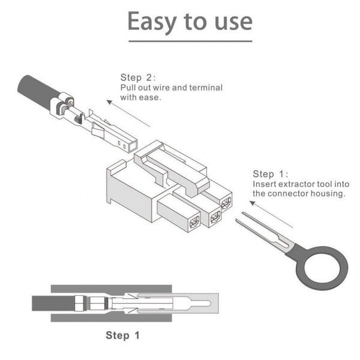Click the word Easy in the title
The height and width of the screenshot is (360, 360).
tap(152, 22)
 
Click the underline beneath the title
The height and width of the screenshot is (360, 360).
tap(190, 41)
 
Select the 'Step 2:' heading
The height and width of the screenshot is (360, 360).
tap(138, 77)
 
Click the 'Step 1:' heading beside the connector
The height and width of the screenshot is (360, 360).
tap(270, 174)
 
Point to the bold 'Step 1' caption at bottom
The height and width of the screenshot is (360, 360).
tap(122, 335)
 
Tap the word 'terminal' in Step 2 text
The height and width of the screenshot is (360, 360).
tap(206, 88)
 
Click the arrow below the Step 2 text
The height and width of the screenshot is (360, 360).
tap(128, 113)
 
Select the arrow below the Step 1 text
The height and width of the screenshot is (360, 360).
tap(271, 214)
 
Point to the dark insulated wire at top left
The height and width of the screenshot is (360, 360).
tap(38, 90)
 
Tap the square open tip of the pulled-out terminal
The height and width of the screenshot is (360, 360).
tap(133, 146)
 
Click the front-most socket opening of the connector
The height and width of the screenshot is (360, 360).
tap(194, 222)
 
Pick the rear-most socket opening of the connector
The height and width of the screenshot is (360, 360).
tap(226, 203)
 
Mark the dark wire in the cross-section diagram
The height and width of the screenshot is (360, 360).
tap(53, 303)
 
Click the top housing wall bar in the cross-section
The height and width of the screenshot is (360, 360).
tap(111, 289)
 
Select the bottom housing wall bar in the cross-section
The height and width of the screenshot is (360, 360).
tap(111, 318)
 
